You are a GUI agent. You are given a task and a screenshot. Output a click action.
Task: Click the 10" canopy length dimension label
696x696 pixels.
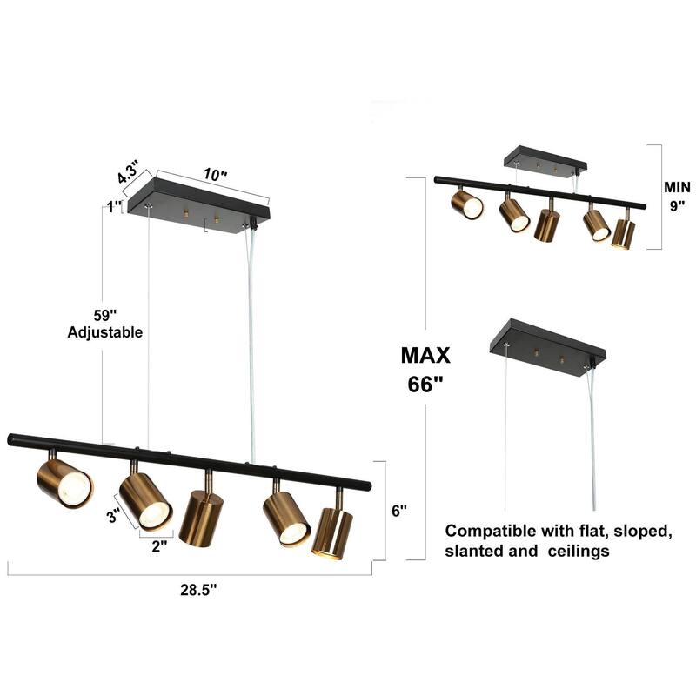[x=215, y=174]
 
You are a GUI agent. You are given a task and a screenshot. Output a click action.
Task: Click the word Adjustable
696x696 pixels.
[x=104, y=332]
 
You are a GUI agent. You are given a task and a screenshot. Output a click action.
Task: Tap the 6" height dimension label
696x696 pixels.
[x=399, y=512]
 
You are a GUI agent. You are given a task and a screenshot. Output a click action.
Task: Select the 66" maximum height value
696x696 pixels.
[x=425, y=385]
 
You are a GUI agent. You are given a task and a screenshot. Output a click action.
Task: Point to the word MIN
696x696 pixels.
[x=676, y=187]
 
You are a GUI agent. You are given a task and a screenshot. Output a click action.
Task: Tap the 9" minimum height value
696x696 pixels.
[x=676, y=206]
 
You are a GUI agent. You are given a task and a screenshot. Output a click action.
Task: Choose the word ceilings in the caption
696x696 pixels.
[x=609, y=551]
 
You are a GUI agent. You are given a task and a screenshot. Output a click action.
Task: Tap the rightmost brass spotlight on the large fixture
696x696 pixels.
[x=332, y=532]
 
